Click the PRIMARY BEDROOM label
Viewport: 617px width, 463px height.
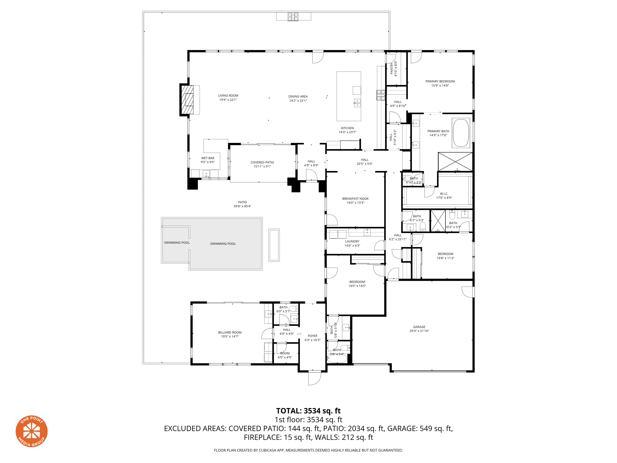pos(440,81)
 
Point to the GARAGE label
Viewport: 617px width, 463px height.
pos(419,327)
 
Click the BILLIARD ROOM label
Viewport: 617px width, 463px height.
pos(230,332)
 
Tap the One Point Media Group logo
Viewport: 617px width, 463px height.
pos(31,431)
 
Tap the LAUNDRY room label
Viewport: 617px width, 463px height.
pos(352,241)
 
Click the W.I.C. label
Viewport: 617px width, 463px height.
pos(444,194)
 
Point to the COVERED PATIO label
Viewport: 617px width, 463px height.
pos(262,162)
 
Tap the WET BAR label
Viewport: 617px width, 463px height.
pos(208,158)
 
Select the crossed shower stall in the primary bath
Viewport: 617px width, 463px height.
pos(455,162)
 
